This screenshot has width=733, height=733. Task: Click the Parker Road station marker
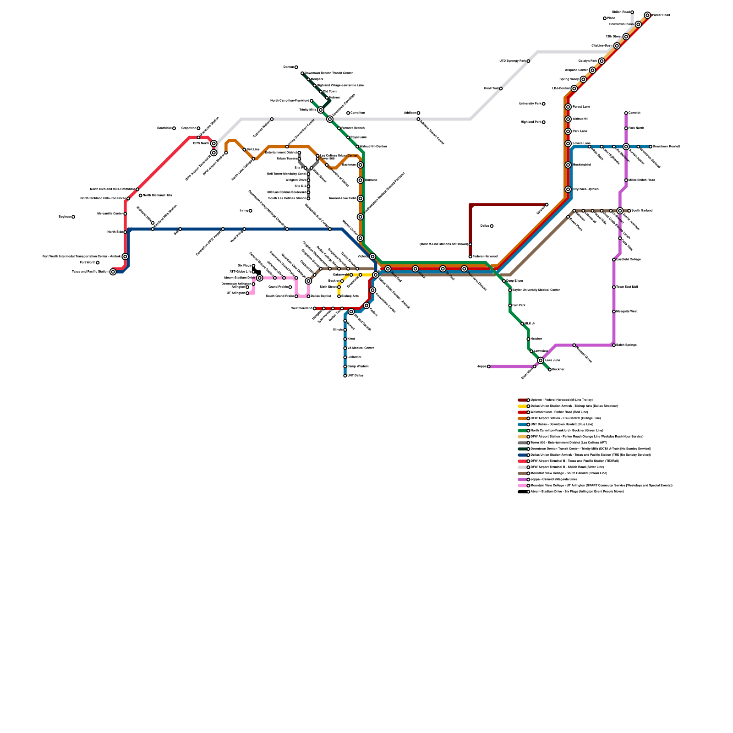point(647,16)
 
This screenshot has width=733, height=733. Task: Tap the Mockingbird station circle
point(568,165)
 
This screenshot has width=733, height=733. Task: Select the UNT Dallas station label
point(356,376)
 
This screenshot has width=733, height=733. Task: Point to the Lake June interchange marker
point(541,361)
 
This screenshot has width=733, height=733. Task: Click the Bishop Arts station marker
point(339,296)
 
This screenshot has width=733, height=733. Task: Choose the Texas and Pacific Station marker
point(113,272)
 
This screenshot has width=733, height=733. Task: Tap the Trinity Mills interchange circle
point(321,110)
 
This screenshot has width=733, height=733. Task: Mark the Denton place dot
point(296,67)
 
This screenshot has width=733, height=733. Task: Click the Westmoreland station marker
point(315,309)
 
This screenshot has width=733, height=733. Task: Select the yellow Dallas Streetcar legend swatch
point(523,406)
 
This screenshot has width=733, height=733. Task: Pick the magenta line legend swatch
point(523,480)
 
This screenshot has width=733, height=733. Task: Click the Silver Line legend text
point(567,467)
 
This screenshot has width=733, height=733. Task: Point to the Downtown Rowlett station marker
point(651,147)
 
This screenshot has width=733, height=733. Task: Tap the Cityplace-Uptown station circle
point(568,190)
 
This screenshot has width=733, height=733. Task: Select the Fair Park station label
point(519,306)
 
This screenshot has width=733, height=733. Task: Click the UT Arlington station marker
point(247,293)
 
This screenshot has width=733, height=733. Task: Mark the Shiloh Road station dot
point(632,12)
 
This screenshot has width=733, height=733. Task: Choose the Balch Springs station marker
point(614,345)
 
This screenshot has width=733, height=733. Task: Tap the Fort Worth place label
point(87,263)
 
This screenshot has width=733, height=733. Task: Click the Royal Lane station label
point(359,137)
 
